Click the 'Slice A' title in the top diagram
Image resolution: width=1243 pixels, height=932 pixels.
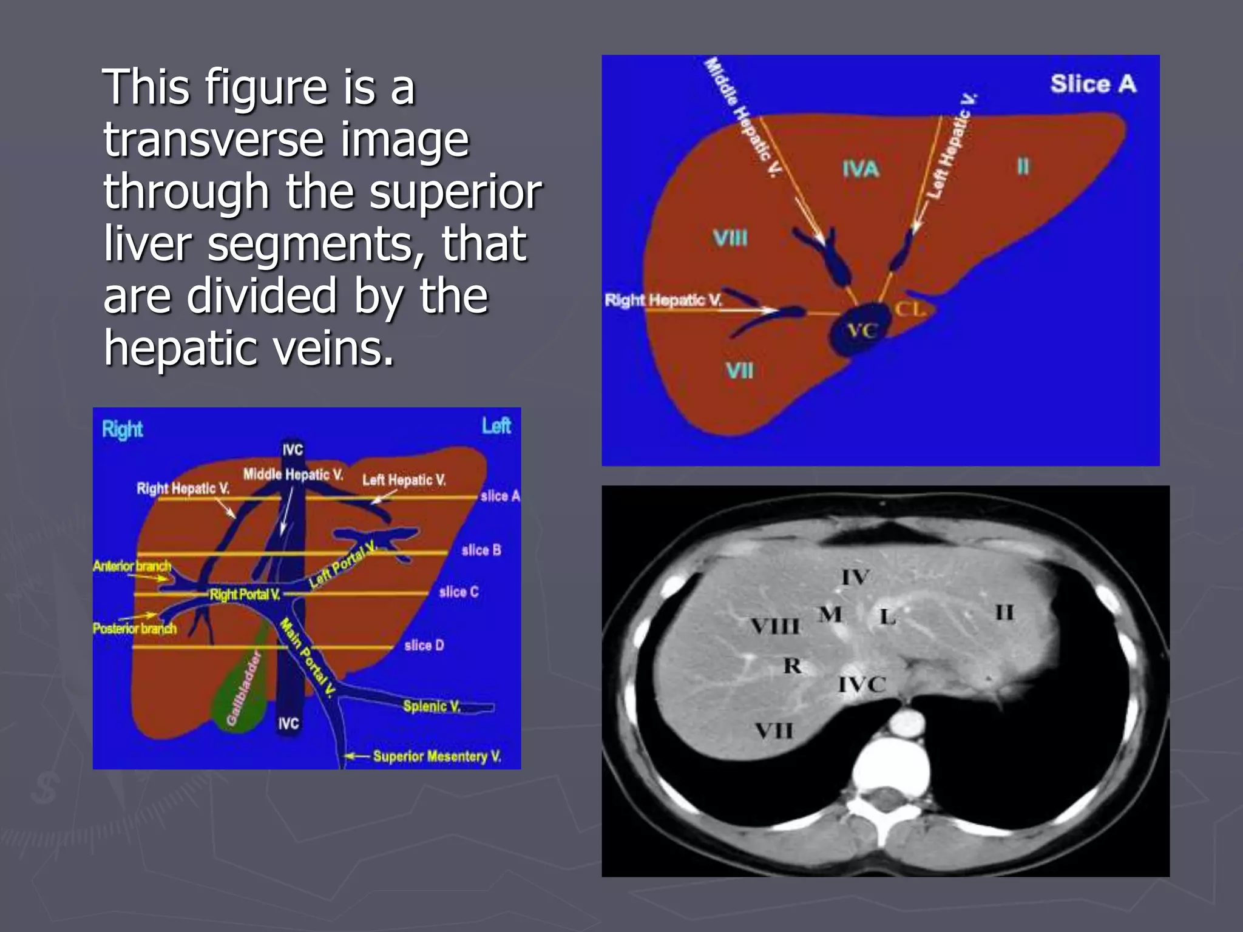[x=1092, y=84]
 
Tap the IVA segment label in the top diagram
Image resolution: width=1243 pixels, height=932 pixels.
[x=861, y=169]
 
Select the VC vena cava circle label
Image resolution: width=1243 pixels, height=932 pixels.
[x=862, y=331]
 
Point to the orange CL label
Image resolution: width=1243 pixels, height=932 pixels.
[x=910, y=309]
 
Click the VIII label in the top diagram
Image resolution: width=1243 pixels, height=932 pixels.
[x=730, y=238]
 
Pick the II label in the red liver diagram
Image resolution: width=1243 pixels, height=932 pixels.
[x=1023, y=166]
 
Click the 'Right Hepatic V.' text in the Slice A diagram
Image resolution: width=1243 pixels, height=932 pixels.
[x=663, y=300]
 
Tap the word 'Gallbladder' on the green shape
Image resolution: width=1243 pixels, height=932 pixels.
[x=243, y=688]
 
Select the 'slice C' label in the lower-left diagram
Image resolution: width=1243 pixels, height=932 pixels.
[x=459, y=592]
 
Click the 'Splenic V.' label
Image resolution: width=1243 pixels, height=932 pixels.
[x=432, y=706]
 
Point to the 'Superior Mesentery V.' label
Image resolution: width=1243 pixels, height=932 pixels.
[x=437, y=756]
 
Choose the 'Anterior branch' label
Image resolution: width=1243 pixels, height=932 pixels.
[x=132, y=566]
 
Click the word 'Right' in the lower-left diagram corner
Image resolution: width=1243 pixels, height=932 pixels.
[x=122, y=430]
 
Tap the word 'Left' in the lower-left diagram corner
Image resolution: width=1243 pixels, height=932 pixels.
[x=496, y=426]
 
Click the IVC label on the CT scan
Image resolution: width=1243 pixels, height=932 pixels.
[x=862, y=684]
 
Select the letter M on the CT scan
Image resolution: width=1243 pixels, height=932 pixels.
[x=830, y=615]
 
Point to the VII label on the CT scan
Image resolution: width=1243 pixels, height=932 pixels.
[x=773, y=730]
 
